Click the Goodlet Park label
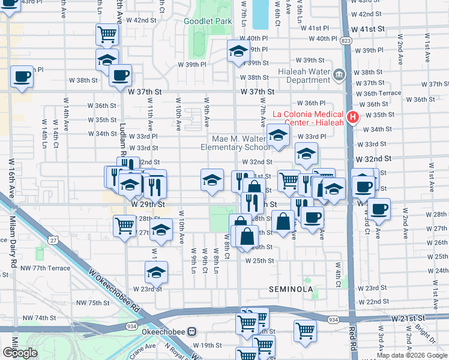(x=207, y=21)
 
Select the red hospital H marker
(x=354, y=116)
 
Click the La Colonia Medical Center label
(x=307, y=115)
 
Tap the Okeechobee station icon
(x=192, y=331)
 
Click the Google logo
(x=20, y=353)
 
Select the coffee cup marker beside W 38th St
(x=120, y=75)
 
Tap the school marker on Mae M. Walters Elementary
(x=277, y=135)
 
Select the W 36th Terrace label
(x=378, y=93)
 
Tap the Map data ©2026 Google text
(x=412, y=355)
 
